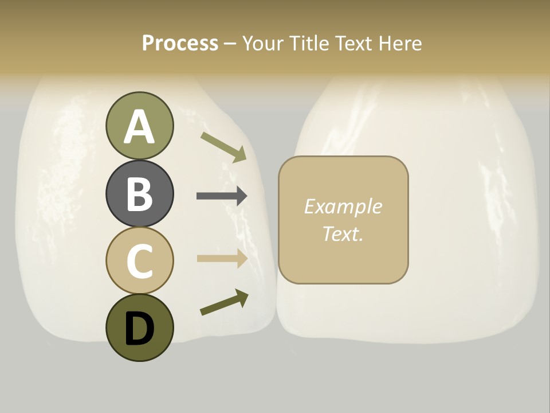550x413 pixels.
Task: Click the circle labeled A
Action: [x=139, y=126]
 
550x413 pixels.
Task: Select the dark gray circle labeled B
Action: [x=139, y=193]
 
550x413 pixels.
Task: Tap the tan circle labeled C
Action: [x=139, y=260]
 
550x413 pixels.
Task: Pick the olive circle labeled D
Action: [x=139, y=328]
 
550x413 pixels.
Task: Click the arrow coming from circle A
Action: [x=223, y=146]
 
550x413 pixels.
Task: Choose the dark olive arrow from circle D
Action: [x=224, y=303]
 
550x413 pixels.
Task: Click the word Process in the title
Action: [x=180, y=43]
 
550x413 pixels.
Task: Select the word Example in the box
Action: [x=343, y=206]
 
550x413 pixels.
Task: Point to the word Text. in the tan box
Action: [x=343, y=233]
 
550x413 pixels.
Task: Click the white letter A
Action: [x=139, y=127]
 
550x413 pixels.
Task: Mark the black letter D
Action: [x=139, y=328]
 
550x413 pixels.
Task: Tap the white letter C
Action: [x=139, y=261]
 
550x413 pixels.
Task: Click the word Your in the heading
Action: [x=264, y=43]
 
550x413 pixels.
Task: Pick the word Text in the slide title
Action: [x=353, y=43]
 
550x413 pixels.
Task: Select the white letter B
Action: [x=139, y=194]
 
